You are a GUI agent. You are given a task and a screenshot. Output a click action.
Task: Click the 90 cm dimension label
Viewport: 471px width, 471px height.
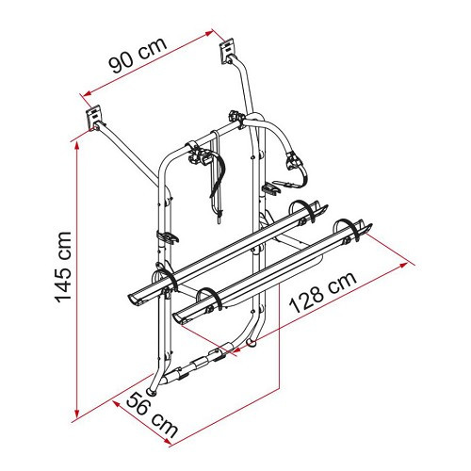tap(138, 56)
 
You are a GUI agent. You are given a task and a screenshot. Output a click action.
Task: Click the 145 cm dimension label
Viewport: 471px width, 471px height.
tap(63, 268)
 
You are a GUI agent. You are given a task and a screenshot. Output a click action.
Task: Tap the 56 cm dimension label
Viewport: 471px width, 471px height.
tap(152, 414)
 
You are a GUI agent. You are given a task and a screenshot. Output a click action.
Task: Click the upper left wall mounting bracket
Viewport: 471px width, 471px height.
tap(94, 118)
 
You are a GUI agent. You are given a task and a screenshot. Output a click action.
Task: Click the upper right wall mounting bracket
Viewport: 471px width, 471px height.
tap(227, 51)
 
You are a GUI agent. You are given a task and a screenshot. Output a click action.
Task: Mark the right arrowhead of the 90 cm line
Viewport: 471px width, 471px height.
tap(209, 33)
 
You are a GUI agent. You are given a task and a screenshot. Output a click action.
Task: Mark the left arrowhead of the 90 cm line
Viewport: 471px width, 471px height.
tap(86, 92)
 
